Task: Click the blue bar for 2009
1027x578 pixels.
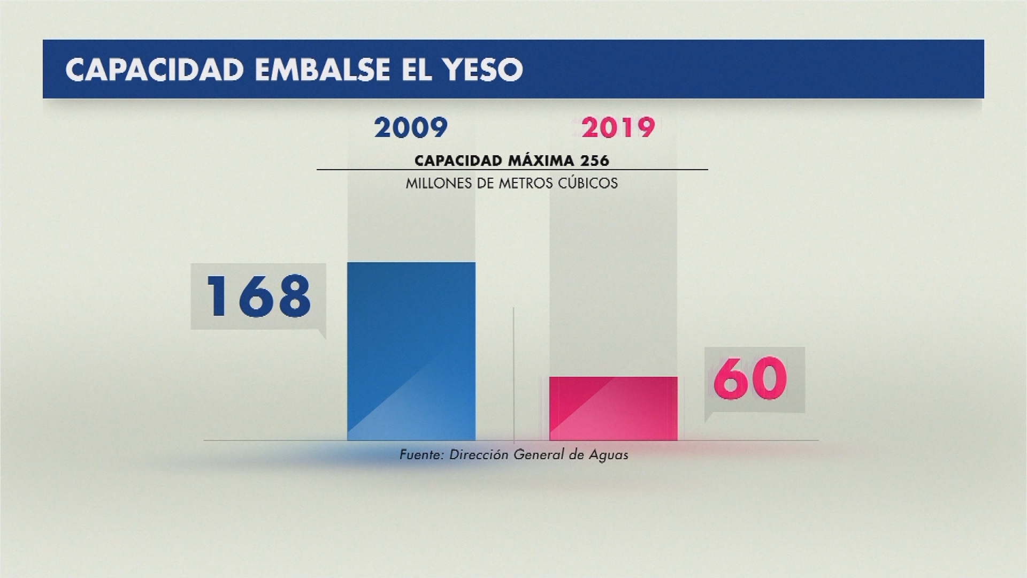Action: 411,351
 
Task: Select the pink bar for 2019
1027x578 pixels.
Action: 614,408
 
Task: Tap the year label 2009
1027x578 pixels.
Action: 411,128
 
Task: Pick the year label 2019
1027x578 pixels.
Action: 618,128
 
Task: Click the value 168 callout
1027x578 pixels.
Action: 259,296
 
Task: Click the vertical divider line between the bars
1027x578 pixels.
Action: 513,375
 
